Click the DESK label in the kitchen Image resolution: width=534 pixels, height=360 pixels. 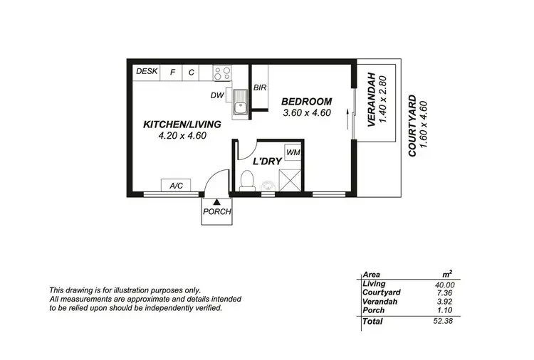[x=147, y=72]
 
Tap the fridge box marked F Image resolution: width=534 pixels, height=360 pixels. [x=172, y=73]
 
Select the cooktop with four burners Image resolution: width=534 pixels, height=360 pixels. [x=221, y=73]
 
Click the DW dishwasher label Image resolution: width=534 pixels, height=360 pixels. [x=216, y=95]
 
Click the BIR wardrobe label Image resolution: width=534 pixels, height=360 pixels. [x=261, y=89]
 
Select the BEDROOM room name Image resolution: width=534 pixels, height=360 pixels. [x=307, y=101]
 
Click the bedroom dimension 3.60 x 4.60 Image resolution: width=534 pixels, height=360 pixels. [x=307, y=112]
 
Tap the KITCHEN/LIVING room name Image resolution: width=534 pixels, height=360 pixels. [x=182, y=124]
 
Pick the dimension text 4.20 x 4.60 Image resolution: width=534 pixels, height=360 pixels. [x=182, y=135]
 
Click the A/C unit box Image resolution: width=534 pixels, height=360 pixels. [x=176, y=186]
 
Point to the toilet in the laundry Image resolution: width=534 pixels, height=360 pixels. [x=247, y=179]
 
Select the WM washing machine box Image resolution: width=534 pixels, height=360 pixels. [x=292, y=153]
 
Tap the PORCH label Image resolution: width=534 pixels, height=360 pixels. [x=216, y=212]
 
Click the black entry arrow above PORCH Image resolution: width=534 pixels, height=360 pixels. [x=216, y=203]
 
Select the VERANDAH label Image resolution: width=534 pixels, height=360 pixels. [x=371, y=100]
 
